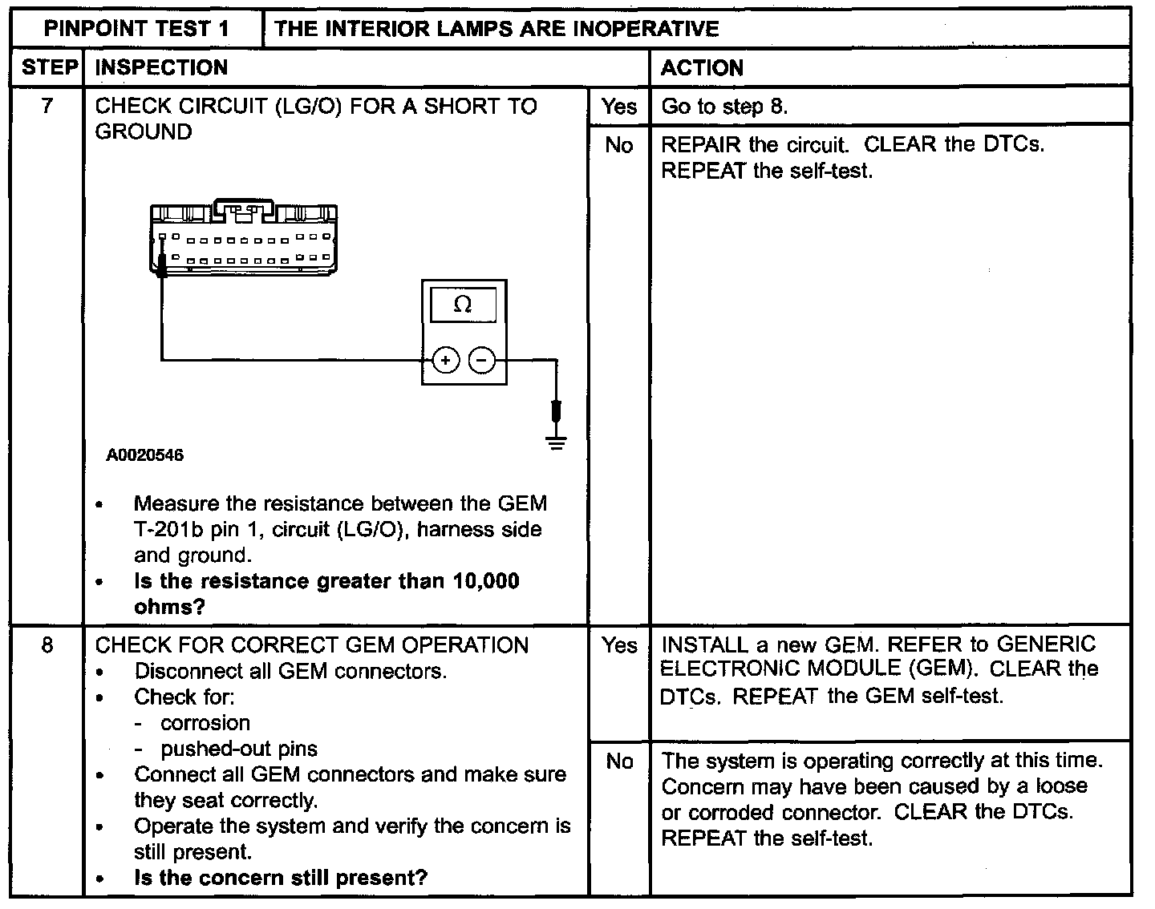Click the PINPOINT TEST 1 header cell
point(136,29)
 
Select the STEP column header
point(47,67)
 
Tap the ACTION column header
point(702,68)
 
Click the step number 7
point(47,106)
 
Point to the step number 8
point(47,645)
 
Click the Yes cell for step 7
point(619,107)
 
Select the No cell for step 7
point(619,145)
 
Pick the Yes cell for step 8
point(619,645)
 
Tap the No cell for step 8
point(619,761)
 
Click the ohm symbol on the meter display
point(463,305)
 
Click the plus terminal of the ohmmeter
point(446,361)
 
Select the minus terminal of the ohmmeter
point(482,361)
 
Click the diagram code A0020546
point(144,455)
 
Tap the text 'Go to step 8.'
point(724,107)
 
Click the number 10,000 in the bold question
point(486,581)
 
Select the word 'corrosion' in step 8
point(205,723)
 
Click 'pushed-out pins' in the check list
point(239,749)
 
